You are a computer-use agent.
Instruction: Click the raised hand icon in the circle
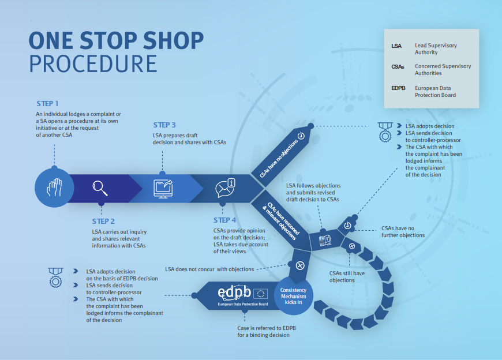[x=54, y=187]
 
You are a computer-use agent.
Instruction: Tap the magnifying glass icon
[x=100, y=187]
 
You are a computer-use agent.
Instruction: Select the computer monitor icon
[x=163, y=188]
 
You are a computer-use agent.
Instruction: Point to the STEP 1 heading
[x=47, y=104]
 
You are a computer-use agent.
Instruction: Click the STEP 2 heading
[x=103, y=221]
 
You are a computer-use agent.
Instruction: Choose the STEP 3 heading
[x=164, y=125]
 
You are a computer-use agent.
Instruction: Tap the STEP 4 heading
[x=224, y=220]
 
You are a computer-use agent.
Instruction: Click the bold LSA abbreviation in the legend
[x=396, y=45]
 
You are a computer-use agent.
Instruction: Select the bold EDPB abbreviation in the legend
[x=399, y=88]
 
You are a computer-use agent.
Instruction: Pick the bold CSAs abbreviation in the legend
[x=398, y=66]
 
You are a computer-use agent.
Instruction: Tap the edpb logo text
[x=234, y=291]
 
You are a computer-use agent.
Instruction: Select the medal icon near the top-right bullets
[x=385, y=132]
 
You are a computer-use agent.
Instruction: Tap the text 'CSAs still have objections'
[x=347, y=277]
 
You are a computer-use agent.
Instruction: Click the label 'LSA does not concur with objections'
[x=209, y=269]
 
